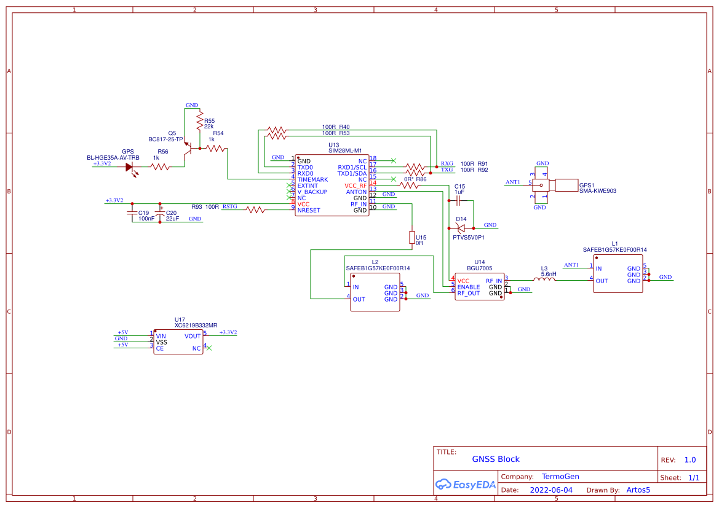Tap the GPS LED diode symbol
click(130, 166)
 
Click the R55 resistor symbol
click(199, 121)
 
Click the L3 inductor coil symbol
click(544, 279)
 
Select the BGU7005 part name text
click(480, 268)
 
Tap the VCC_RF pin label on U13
click(356, 186)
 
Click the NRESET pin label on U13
click(309, 211)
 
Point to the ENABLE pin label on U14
click(469, 287)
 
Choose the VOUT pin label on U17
click(193, 336)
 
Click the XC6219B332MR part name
click(196, 326)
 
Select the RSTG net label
click(229, 206)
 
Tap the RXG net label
click(447, 163)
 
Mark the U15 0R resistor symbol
click(412, 238)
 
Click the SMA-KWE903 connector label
click(598, 191)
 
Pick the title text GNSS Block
click(496, 459)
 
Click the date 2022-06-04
click(551, 490)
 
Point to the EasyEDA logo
click(465, 484)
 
